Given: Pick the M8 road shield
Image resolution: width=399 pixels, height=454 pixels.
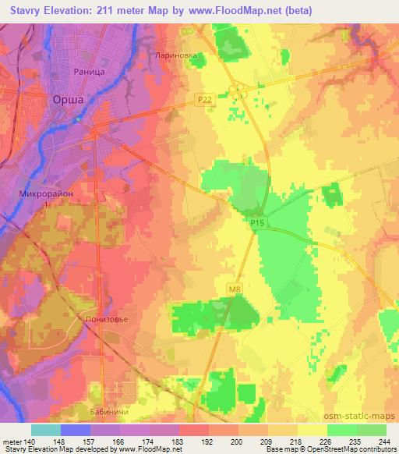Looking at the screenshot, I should pyautogui.click(x=235, y=289).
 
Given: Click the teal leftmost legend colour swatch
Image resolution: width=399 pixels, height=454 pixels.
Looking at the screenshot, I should pyautogui.click(x=46, y=430).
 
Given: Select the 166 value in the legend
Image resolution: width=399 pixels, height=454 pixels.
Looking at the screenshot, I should pyautogui.click(x=97, y=441).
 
